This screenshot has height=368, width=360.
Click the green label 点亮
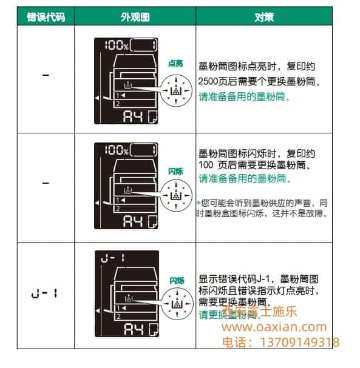click(x=176, y=62)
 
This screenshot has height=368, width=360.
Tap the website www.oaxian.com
click(x=274, y=327)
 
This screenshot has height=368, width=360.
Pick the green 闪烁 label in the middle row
click(x=176, y=172)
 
